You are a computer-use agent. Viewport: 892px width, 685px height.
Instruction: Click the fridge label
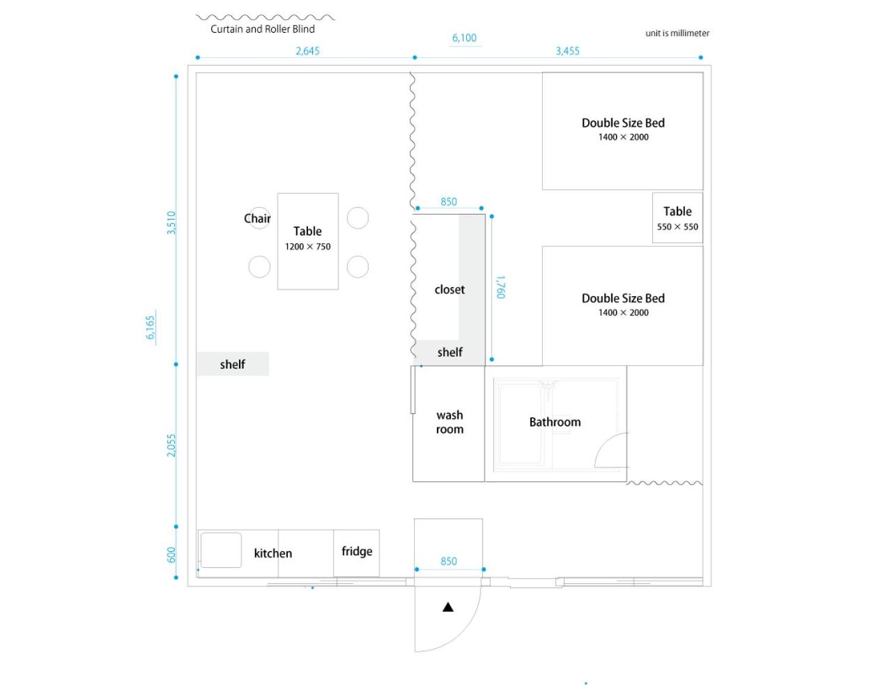357,551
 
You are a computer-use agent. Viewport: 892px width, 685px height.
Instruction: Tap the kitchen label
272,553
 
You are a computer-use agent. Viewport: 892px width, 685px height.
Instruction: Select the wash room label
449,422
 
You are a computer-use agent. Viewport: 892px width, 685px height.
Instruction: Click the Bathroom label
555,422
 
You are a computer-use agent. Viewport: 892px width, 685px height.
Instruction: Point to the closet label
449,289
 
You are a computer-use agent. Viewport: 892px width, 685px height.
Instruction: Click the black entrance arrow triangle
448,607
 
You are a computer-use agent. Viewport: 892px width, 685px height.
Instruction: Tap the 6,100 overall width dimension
464,38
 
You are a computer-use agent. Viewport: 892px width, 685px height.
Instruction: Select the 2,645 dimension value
307,51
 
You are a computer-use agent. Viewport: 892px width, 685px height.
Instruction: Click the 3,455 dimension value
567,51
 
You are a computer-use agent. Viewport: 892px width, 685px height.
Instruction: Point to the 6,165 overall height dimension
151,327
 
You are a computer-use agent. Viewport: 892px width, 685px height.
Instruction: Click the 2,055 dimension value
171,445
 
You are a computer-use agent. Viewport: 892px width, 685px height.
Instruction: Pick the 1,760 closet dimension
500,287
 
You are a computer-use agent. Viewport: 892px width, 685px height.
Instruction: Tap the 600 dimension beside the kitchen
171,555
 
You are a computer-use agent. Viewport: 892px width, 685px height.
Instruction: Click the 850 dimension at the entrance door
449,561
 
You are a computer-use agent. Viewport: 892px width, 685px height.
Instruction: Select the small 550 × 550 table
677,218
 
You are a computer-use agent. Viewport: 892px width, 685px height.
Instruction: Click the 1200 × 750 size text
307,247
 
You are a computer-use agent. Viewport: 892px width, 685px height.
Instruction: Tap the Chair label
257,218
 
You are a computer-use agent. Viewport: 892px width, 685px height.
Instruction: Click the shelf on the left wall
232,364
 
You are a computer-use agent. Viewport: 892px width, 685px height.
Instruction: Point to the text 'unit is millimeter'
677,33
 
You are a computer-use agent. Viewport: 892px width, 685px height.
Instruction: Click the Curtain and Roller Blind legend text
263,29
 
